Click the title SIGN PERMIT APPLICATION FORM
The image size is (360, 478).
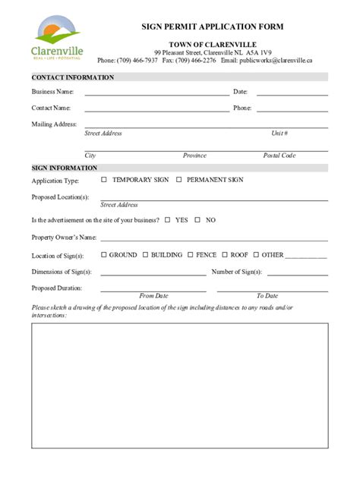pyautogui.click(x=212, y=27)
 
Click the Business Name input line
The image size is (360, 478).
pyautogui.click(x=156, y=95)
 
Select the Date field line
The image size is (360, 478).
pyautogui.click(x=292, y=95)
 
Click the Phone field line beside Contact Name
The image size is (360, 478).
pyautogui.click(x=292, y=111)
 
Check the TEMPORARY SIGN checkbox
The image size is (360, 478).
pyautogui.click(x=104, y=180)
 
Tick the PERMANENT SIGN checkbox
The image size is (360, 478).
pyautogui.click(x=179, y=180)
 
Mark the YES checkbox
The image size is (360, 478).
pyautogui.click(x=167, y=220)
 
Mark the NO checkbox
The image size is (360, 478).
pyautogui.click(x=197, y=220)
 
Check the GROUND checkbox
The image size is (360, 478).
pyautogui.click(x=103, y=255)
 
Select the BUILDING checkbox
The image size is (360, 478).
pyautogui.click(x=145, y=255)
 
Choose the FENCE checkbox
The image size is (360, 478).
pyautogui.click(x=191, y=255)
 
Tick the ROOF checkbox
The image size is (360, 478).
pyautogui.click(x=225, y=255)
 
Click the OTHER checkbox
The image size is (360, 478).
pyautogui.click(x=256, y=255)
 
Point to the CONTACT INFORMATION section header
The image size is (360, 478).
pyautogui.click(x=73, y=77)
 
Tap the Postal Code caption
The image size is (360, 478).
pyautogui.click(x=279, y=156)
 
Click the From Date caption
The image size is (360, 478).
pyautogui.click(x=153, y=296)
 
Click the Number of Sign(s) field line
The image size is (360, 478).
pyautogui.click(x=297, y=275)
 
